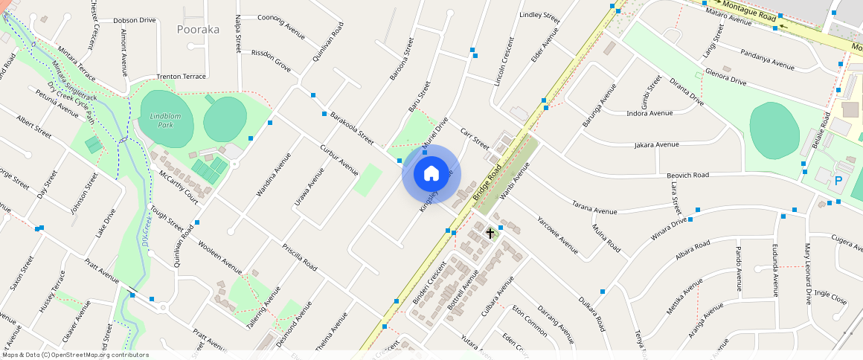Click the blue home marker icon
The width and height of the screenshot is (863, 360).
tap(431, 174)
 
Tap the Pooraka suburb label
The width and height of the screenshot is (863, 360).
tap(198, 30)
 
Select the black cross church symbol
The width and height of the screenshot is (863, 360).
tap(490, 233)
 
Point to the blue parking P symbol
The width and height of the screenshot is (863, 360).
tap(839, 181)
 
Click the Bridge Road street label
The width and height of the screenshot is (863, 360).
tap(487, 184)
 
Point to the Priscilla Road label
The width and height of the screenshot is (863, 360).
tap(300, 257)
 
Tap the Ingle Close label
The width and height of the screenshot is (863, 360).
tap(830, 298)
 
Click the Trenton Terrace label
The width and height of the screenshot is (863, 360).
tap(181, 77)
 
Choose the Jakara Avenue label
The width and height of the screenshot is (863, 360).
tap(656, 144)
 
